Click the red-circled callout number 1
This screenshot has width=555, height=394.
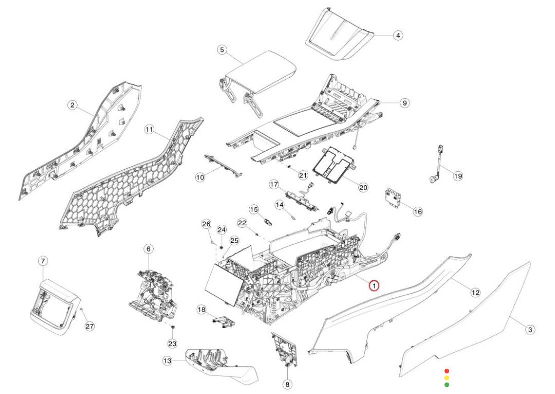click(374, 285)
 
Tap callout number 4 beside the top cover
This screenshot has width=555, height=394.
click(397, 35)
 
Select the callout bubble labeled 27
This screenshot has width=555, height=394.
click(90, 326)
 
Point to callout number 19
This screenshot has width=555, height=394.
click(457, 176)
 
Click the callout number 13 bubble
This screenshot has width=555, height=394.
click(167, 361)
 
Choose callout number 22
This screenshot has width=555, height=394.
click(242, 223)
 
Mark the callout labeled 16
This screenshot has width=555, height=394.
click(418, 211)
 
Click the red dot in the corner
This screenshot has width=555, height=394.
click(447, 370)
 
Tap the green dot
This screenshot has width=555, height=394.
click(447, 384)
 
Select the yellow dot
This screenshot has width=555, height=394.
click(447, 377)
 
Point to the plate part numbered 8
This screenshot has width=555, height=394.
click(284, 350)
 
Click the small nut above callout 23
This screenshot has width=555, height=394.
click(173, 327)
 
